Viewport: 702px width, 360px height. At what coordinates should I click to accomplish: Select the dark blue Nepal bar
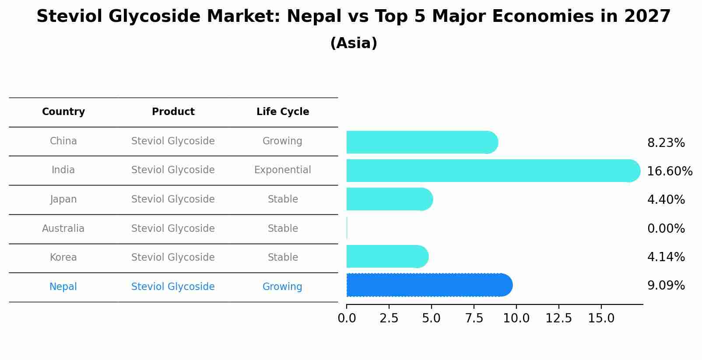click(429, 285)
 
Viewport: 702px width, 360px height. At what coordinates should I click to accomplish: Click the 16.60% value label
click(669, 171)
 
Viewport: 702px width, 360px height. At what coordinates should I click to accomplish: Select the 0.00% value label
click(666, 228)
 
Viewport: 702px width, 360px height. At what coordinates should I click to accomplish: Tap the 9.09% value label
click(666, 286)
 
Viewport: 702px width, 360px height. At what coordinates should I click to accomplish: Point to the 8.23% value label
click(666, 143)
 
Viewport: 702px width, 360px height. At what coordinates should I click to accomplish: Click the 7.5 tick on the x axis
click(474, 318)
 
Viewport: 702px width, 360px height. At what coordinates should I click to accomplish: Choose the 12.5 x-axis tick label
click(559, 318)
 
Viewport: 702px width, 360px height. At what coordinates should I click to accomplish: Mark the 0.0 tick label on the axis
click(347, 318)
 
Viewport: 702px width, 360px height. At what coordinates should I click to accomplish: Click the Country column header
click(63, 112)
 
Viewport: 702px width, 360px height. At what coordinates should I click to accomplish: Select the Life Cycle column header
click(283, 112)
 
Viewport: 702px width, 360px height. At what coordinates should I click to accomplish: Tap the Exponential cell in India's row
click(283, 170)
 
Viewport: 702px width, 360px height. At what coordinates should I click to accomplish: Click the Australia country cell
click(63, 228)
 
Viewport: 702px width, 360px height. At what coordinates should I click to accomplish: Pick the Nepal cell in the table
click(63, 287)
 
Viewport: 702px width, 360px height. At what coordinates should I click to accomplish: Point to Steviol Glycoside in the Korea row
click(173, 257)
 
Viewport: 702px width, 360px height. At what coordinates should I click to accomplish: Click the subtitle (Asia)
click(354, 43)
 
